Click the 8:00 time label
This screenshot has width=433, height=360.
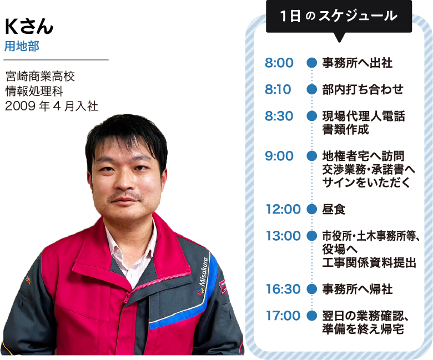click(279, 63)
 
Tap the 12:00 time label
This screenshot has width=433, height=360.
click(283, 209)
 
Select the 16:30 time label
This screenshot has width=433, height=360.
click(283, 289)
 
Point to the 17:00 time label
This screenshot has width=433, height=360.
click(283, 316)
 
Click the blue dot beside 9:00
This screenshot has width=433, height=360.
click(312, 156)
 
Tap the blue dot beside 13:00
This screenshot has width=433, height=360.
click(312, 236)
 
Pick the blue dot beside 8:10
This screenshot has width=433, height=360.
click(312, 89)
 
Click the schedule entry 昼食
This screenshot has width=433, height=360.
click(334, 209)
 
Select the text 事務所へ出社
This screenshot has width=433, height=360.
click(358, 63)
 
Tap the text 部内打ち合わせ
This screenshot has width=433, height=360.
click(362, 89)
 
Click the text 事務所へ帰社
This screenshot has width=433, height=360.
click(358, 289)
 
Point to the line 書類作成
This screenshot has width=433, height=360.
click(345, 129)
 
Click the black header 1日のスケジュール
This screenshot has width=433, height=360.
click(339, 16)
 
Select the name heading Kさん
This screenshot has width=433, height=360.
click(29, 27)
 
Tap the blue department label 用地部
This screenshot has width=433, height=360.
click(22, 46)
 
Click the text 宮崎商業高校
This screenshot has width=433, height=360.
click(41, 77)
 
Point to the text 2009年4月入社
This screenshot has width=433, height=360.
click(52, 106)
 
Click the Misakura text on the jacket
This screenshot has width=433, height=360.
click(204, 271)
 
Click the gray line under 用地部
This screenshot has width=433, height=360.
click(56, 59)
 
